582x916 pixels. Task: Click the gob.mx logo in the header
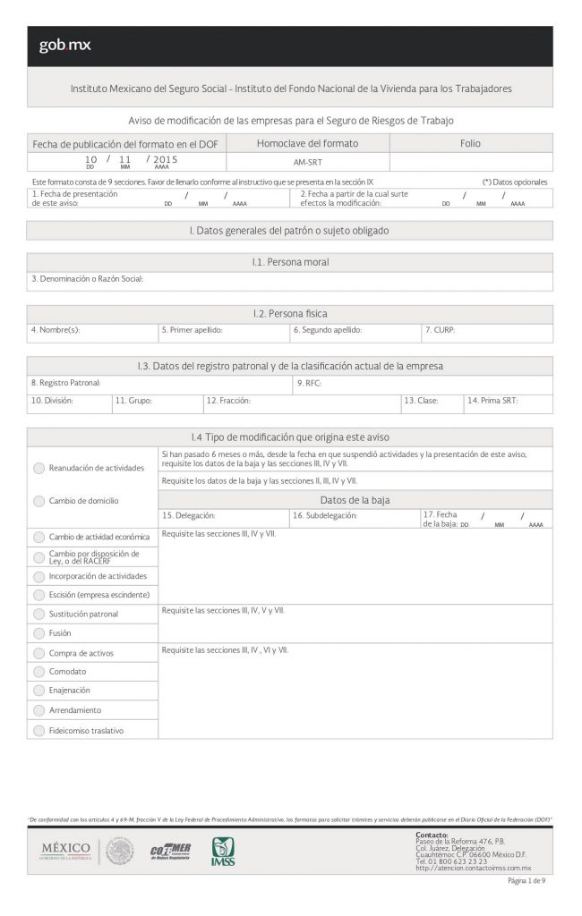coord(64,46)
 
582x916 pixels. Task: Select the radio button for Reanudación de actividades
coord(39,468)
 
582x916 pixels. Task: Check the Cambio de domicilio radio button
coord(39,501)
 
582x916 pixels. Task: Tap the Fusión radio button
coord(39,632)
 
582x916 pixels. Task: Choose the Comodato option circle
coord(39,671)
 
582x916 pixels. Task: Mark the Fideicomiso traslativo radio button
coord(39,730)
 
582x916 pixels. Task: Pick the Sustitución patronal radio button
coord(39,614)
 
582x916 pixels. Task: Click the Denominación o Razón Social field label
coord(87,279)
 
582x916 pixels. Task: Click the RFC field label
coord(309,383)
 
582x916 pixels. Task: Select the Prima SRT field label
coord(492,401)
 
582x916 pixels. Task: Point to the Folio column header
coord(470,143)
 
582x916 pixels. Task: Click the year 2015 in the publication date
coord(166,158)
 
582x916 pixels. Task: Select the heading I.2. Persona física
coord(290,314)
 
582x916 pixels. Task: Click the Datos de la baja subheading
coord(355,500)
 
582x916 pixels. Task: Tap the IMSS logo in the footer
coord(223,851)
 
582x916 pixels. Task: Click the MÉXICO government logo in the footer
coord(66,849)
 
